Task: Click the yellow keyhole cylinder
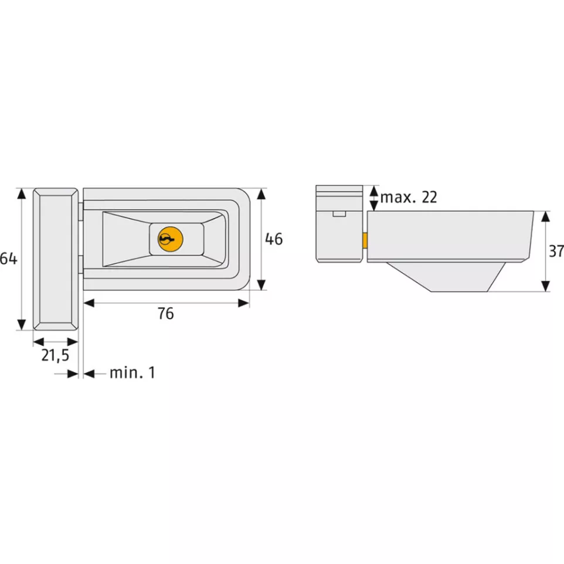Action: click(171, 239)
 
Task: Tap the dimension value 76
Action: click(166, 314)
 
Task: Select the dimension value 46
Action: click(274, 239)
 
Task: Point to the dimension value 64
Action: click(8, 259)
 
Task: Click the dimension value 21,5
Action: click(55, 355)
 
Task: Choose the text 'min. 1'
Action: click(132, 373)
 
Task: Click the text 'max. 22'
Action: click(409, 198)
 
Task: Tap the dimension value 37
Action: click(556, 251)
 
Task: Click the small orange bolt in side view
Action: click(365, 240)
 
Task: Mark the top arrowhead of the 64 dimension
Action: click(22, 193)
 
